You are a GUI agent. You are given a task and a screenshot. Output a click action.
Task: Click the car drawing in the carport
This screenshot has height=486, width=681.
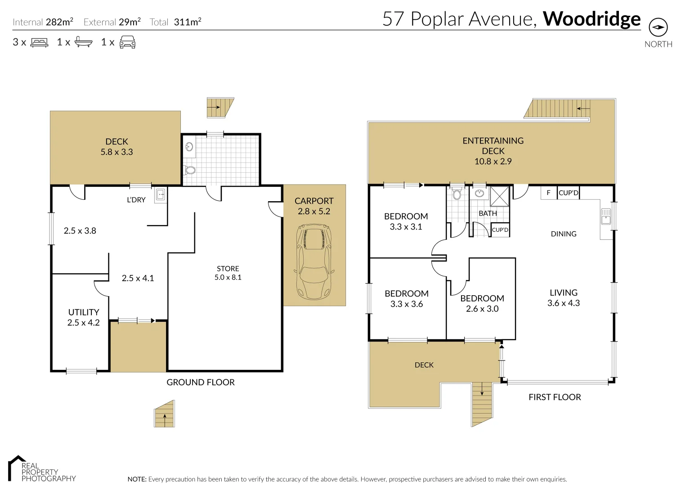pos(314,262)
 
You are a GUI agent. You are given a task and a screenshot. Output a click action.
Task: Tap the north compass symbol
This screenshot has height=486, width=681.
pos(658,28)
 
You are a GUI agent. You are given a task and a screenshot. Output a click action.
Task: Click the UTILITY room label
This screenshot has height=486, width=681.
pos(84,312)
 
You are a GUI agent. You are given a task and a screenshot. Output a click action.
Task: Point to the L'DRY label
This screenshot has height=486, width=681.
pos(136,200)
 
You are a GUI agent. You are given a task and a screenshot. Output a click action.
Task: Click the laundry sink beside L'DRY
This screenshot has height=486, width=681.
pos(161,195)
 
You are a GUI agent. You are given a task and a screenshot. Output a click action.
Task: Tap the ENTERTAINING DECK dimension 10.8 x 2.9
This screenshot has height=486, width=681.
pos(493,161)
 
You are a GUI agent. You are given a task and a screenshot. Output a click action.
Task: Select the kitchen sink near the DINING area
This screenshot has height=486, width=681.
pos(605,216)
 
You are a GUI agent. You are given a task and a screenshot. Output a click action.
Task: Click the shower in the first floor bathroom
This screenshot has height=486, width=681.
pos(499,196)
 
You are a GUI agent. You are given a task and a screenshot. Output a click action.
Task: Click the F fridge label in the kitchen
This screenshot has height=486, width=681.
pos(548,193)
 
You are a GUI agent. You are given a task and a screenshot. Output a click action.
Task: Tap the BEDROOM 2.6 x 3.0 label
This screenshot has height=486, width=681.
pos(482,303)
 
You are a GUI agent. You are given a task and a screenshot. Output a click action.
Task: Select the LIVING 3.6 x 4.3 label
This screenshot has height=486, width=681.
pos(563,297)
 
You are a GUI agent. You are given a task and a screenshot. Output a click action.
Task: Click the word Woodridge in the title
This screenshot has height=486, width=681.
pos(591,19)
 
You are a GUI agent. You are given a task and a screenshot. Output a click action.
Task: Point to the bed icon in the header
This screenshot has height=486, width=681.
pos(39,43)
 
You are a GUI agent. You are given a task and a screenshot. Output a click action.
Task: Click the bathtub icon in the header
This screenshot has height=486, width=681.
pos(83,42)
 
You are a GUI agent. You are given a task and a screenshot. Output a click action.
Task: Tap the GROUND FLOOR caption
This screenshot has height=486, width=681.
pos(201,382)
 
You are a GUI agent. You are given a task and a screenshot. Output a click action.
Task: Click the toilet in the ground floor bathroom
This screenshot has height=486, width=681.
pos(190,170)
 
